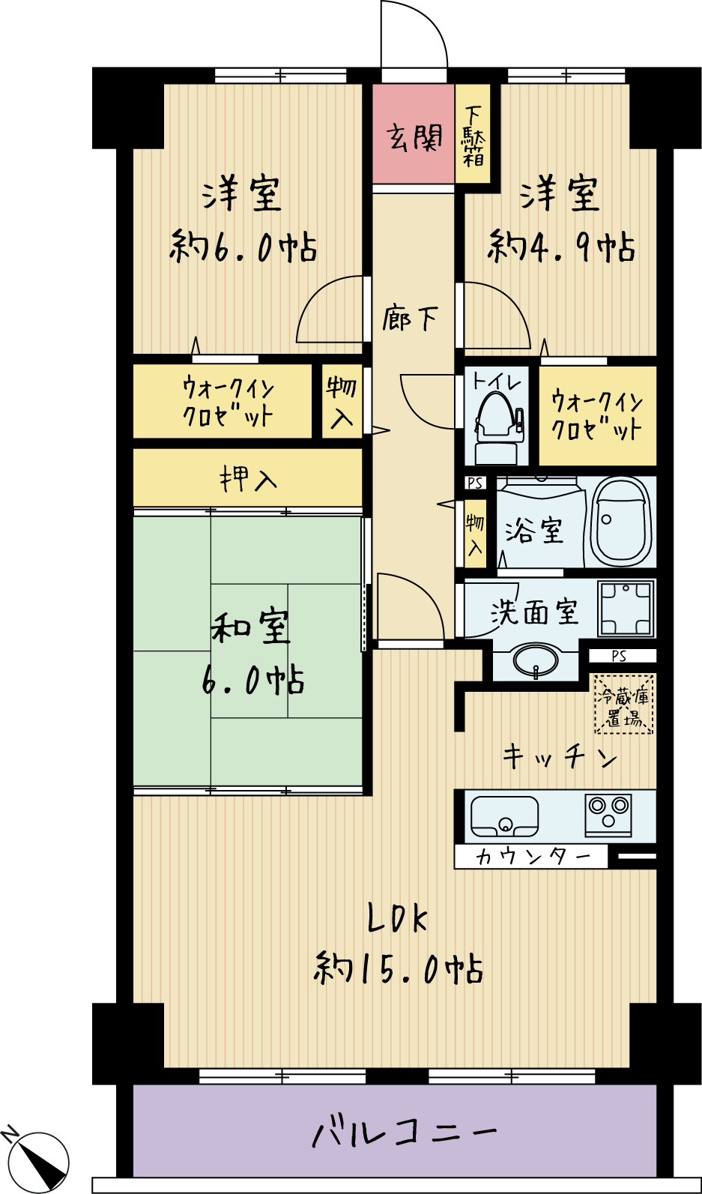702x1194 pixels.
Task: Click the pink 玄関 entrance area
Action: tap(414, 133)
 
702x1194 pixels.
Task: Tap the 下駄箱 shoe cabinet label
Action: tap(473, 136)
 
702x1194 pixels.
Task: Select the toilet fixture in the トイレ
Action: tap(497, 427)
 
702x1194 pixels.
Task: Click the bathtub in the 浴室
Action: tap(622, 522)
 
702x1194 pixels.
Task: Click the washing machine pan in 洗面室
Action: tap(626, 608)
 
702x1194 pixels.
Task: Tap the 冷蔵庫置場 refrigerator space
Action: tap(623, 704)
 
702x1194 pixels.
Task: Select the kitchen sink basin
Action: tap(504, 816)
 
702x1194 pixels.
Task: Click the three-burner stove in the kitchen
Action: tap(609, 815)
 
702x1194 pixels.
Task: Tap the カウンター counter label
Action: tap(532, 857)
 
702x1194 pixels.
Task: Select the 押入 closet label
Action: tap(248, 478)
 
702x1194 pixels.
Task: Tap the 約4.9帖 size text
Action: tap(560, 247)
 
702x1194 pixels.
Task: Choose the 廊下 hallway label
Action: tap(410, 319)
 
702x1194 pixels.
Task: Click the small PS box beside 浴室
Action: tap(475, 483)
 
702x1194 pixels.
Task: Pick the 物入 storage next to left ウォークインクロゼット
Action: tap(342, 401)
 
